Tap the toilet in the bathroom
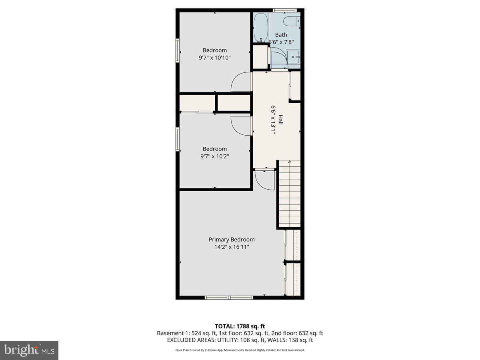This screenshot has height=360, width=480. [291, 21]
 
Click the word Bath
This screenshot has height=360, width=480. [281, 35]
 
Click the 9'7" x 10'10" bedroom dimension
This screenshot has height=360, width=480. [215, 58]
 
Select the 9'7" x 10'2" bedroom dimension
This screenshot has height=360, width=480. [215, 156]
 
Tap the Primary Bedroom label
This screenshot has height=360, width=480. [232, 240]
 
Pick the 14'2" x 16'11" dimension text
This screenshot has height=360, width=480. [232, 247]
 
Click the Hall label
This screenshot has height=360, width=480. [281, 120]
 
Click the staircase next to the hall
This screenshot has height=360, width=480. [289, 194]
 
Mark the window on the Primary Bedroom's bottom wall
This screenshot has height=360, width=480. [229, 297]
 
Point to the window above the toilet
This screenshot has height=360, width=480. [284, 10]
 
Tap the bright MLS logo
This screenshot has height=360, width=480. [29, 350]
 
